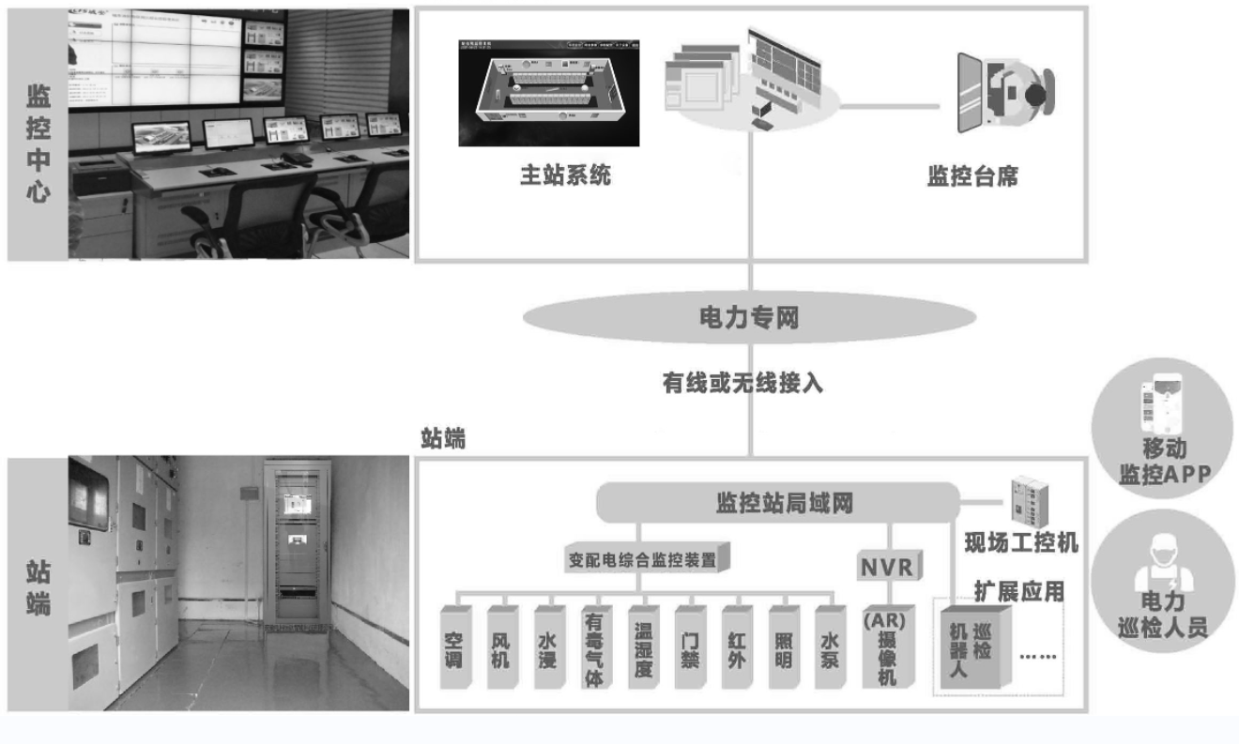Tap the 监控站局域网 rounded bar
[778, 503]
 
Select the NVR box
[888, 567]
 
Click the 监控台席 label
[973, 175]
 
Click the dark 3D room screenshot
[548, 93]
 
